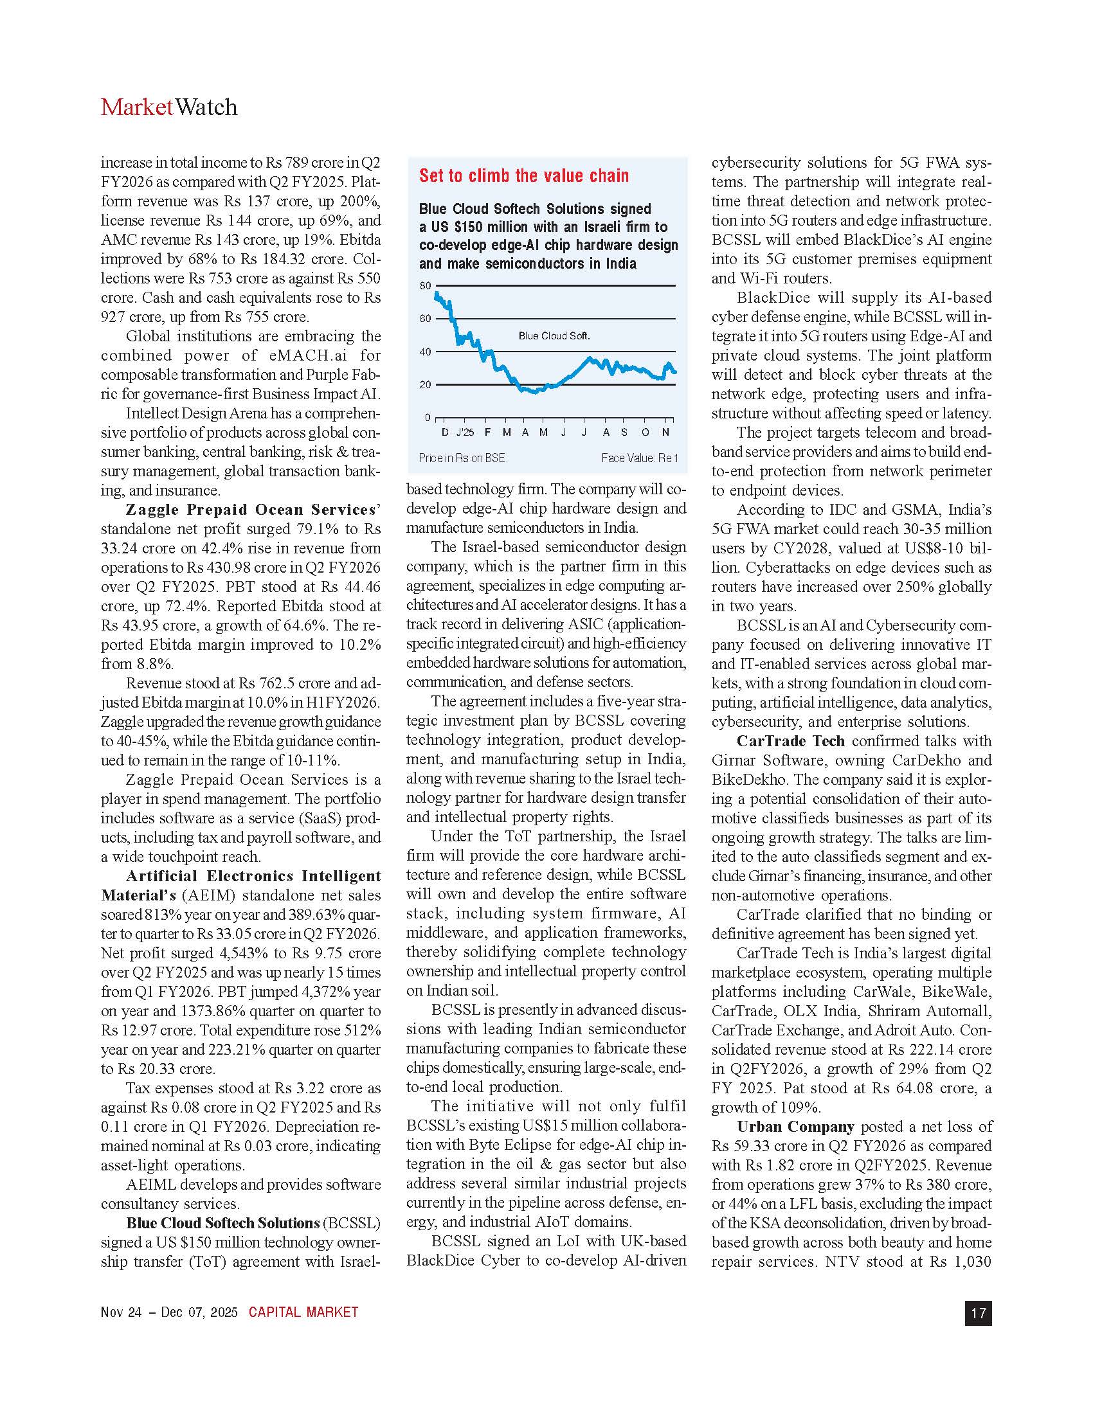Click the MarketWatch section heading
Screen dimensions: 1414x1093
pos(169,107)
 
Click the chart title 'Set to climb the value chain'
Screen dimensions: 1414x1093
pos(524,176)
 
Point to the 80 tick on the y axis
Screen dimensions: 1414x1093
pos(425,285)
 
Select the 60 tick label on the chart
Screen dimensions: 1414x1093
pos(425,319)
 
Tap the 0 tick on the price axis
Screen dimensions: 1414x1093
pos(428,418)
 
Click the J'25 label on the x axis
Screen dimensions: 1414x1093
pos(464,433)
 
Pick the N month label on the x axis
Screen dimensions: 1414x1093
pos(665,433)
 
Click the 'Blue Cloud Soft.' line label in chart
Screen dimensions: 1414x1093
pos(554,336)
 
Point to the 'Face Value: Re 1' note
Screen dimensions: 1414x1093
pos(639,458)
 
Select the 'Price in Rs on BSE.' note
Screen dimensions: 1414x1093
pos(463,458)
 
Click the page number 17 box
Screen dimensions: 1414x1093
pos(978,1313)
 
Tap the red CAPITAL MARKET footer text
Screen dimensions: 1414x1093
pos(303,1312)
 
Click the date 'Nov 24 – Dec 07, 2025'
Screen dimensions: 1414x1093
pos(169,1312)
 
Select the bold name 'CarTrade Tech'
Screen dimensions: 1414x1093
pos(790,741)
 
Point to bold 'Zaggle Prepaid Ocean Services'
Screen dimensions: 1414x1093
pos(251,510)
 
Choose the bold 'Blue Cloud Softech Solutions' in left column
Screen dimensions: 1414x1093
pos(222,1224)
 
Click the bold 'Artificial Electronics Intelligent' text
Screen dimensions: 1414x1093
pos(253,877)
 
